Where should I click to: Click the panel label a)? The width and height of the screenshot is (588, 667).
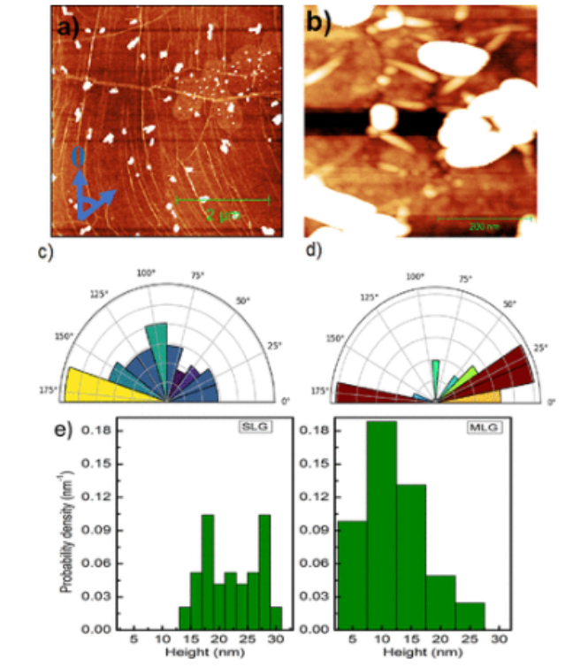point(68,27)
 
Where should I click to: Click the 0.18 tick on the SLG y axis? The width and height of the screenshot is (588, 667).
point(95,431)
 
